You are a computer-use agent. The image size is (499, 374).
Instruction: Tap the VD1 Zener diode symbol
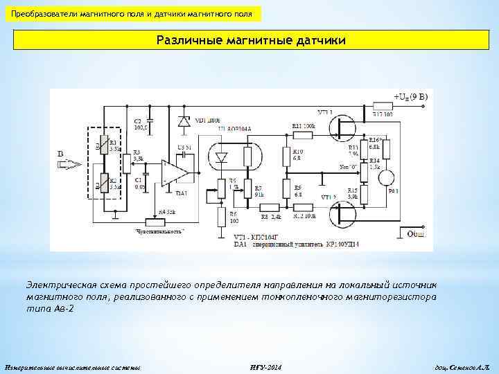pyautogui.click(x=184, y=121)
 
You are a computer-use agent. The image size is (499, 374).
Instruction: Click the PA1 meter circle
pyautogui.click(x=385, y=178)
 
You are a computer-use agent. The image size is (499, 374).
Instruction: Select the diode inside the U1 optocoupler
pyautogui.click(x=222, y=157)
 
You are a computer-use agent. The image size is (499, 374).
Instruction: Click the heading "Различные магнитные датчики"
pyautogui.click(x=249, y=41)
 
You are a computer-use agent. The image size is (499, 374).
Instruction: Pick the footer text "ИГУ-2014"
pyautogui.click(x=264, y=365)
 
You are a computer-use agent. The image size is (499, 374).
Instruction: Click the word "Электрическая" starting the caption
pyautogui.click(x=58, y=284)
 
